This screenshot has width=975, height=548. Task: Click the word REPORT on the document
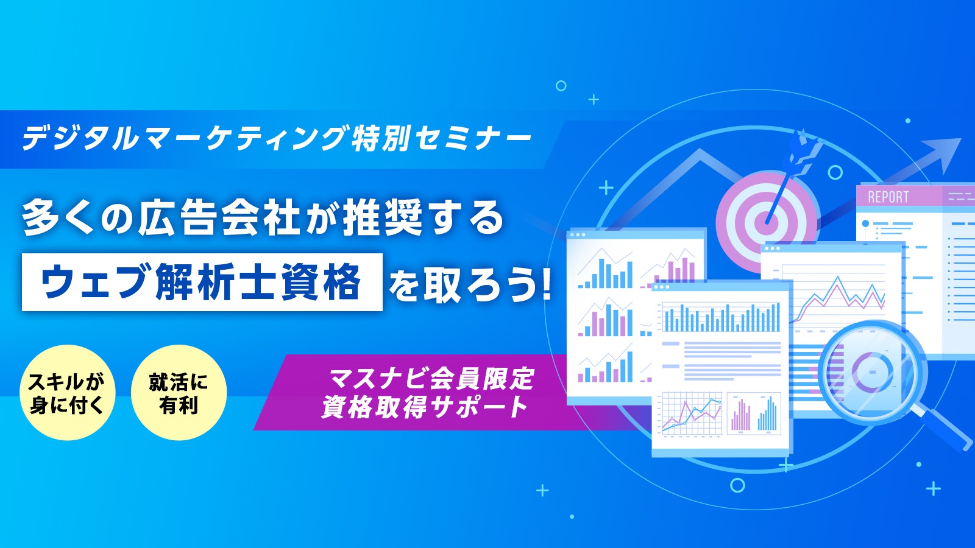coord(888,197)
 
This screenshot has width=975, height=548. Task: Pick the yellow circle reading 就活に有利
coord(179,392)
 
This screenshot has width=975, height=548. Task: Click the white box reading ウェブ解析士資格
coord(202,283)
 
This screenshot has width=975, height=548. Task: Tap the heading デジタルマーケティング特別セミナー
coord(277,138)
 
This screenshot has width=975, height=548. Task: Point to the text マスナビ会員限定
coord(431,378)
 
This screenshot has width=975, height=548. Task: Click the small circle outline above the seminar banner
coord(561,86)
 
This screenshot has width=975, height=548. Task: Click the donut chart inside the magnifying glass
coord(872,371)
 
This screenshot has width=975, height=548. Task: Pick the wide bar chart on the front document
coord(721,317)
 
